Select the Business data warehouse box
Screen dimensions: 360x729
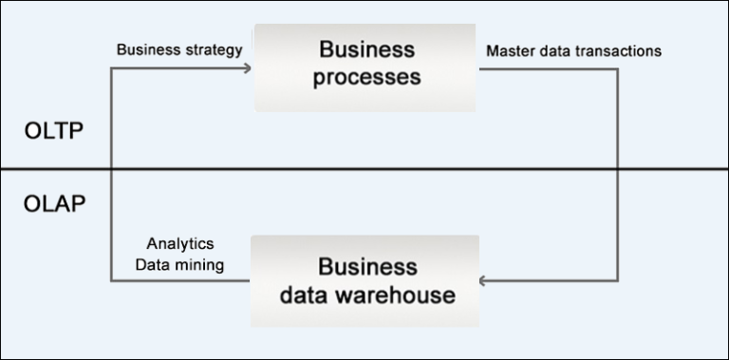[365, 280]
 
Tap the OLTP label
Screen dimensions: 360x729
[53, 131]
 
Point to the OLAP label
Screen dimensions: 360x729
[54, 204]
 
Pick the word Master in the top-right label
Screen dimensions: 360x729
[511, 49]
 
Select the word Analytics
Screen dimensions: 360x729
[180, 245]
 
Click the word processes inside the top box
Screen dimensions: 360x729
[366, 78]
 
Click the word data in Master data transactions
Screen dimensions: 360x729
[558, 49]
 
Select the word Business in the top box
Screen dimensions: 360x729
[366, 49]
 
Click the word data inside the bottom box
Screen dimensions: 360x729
[308, 294]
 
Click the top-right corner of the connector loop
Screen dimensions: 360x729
[618, 67]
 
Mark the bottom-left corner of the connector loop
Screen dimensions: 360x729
[111, 281]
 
